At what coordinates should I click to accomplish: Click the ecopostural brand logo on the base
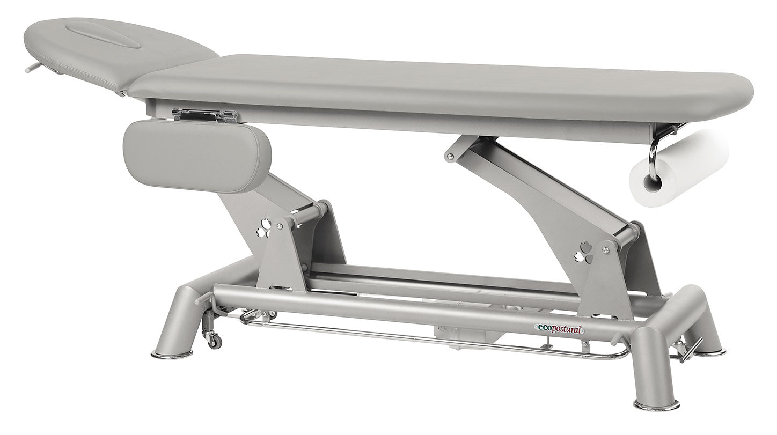tap(559, 329)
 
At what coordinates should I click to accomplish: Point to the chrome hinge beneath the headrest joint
tap(204, 115)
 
